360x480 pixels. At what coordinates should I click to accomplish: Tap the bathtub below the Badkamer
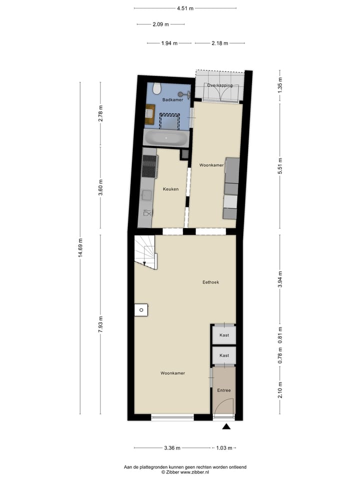pyautogui.click(x=166, y=138)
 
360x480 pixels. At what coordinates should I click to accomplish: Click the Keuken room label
pyautogui.click(x=170, y=189)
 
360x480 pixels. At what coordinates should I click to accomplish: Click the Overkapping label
pyautogui.click(x=220, y=85)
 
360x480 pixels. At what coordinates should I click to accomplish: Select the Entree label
pyautogui.click(x=223, y=390)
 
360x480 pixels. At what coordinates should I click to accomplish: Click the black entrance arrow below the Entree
pyautogui.click(x=226, y=426)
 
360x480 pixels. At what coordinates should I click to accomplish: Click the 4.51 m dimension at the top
pyautogui.click(x=185, y=8)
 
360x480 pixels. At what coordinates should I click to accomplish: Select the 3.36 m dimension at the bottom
pyautogui.click(x=172, y=448)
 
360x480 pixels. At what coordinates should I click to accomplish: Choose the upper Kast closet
pyautogui.click(x=224, y=335)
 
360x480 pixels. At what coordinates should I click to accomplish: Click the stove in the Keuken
pyautogui.click(x=150, y=166)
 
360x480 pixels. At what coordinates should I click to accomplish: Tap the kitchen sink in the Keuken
pyautogui.click(x=147, y=212)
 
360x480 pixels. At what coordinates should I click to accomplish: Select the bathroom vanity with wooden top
pyautogui.click(x=149, y=114)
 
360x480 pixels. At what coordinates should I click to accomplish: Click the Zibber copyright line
pyautogui.click(x=184, y=471)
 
